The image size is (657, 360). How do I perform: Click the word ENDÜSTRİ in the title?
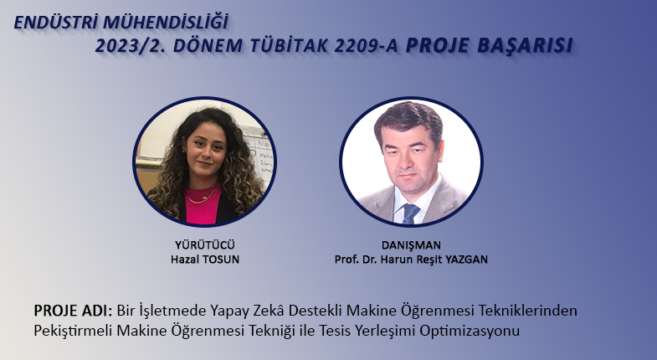pyautogui.click(x=56, y=23)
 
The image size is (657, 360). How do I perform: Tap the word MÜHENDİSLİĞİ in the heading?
pyautogui.click(x=166, y=22)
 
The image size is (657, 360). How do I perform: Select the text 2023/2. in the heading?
pyautogui.click(x=131, y=46)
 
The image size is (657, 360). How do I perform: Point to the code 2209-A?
pyautogui.click(x=366, y=46)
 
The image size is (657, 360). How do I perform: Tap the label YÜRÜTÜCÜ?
pyautogui.click(x=205, y=244)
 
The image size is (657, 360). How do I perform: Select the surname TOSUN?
pyautogui.click(x=221, y=260)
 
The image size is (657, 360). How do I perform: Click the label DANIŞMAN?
pyautogui.click(x=411, y=245)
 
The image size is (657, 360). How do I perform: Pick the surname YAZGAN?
pyautogui.click(x=466, y=260)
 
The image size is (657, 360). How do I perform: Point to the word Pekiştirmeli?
pyautogui.click(x=73, y=331)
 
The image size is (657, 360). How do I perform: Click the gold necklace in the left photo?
pyautogui.click(x=203, y=197)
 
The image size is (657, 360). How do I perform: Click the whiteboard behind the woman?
pyautogui.click(x=259, y=155)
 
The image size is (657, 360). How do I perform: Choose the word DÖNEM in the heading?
pyautogui.click(x=208, y=46)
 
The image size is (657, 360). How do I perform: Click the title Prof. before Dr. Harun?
pyautogui.click(x=346, y=260)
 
